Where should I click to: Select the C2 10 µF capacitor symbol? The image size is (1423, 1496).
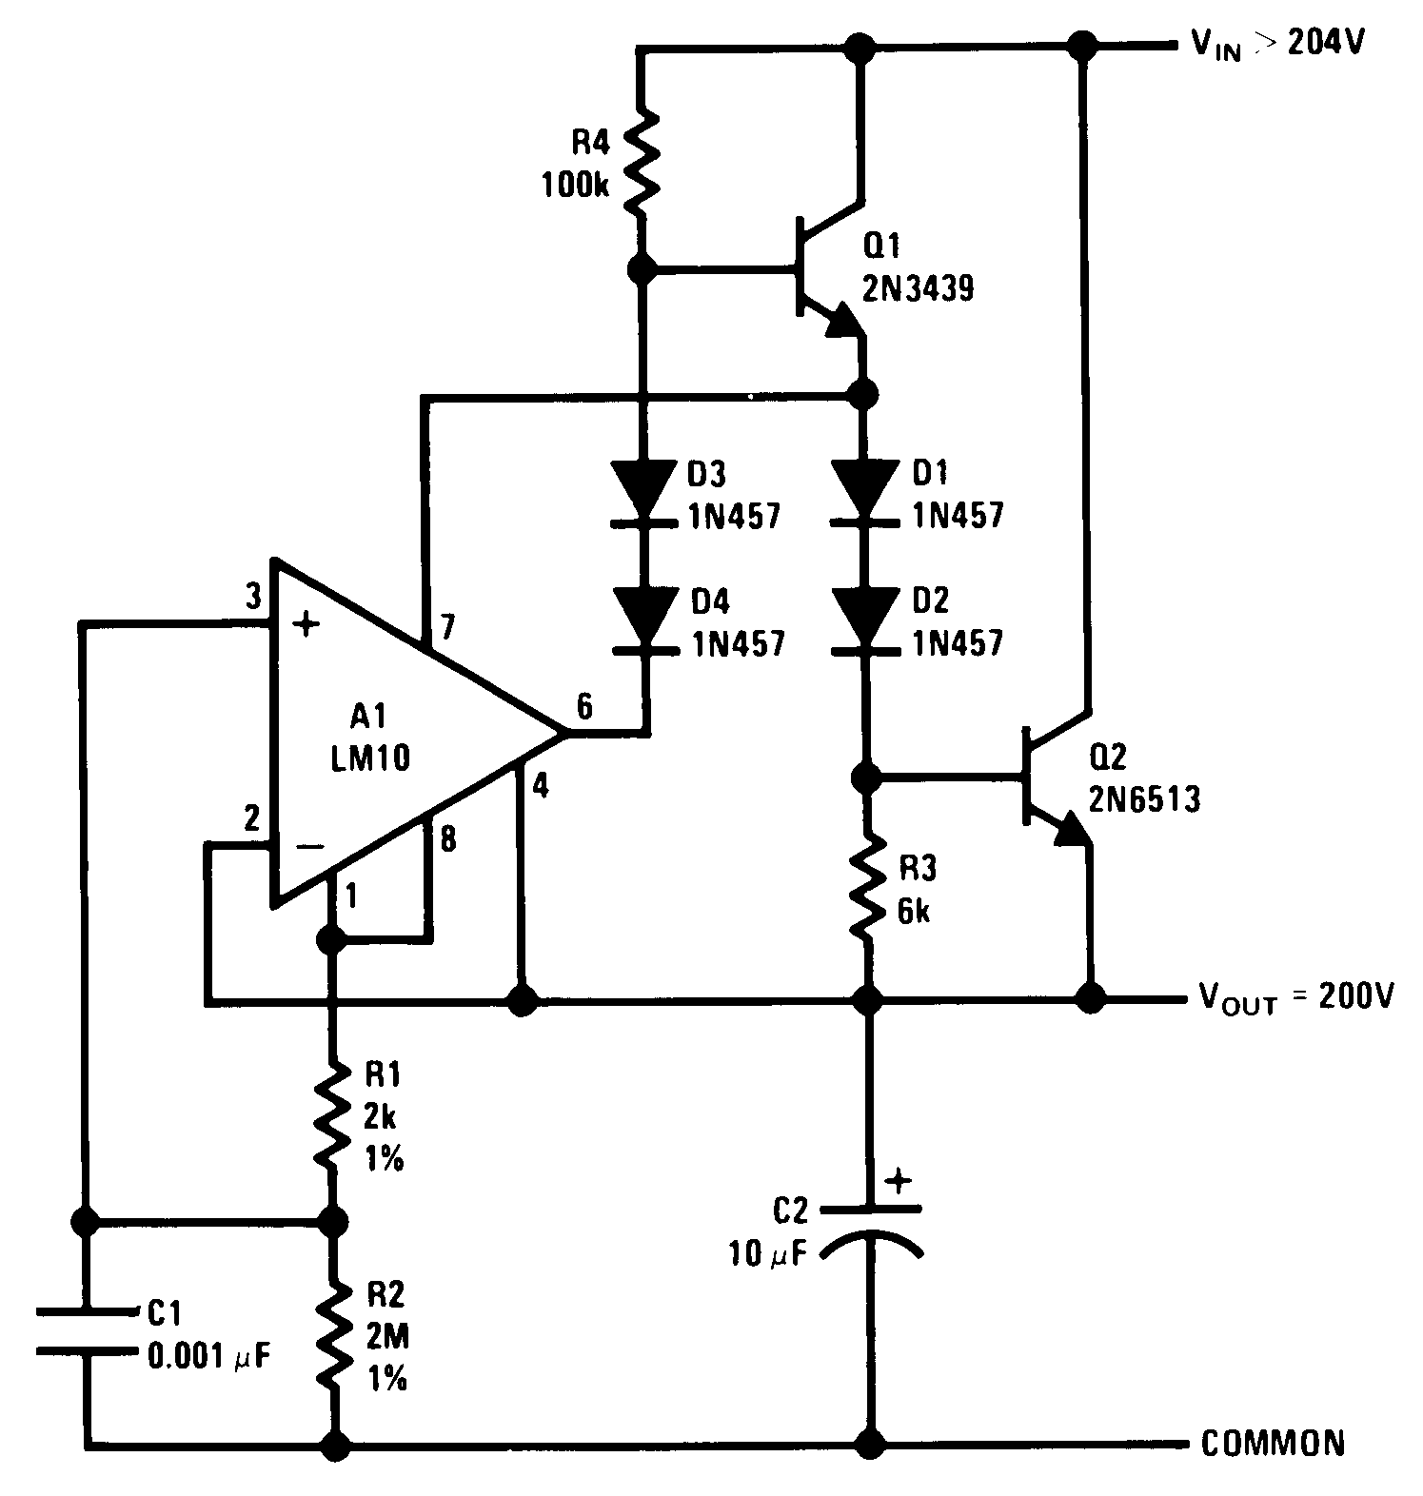(x=869, y=1228)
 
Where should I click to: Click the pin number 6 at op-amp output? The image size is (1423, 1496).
(x=583, y=706)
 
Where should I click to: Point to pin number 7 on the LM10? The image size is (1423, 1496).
(x=447, y=628)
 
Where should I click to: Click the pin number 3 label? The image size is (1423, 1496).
(x=252, y=598)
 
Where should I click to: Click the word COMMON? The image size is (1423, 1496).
(x=1273, y=1444)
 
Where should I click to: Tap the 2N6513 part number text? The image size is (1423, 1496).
(x=1144, y=799)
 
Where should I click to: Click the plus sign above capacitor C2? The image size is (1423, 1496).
(x=898, y=1182)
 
